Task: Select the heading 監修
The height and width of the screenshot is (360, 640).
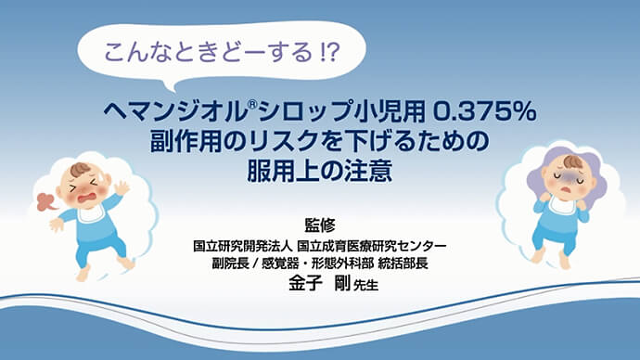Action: (x=318, y=225)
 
